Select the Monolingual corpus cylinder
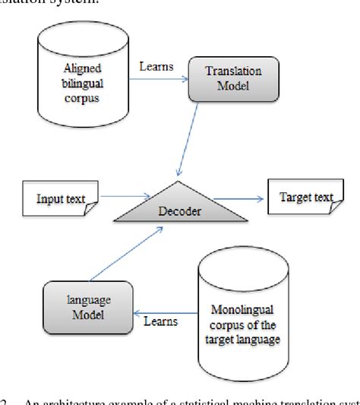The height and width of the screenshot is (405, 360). tap(243, 308)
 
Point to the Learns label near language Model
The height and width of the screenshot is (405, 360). tap(160, 322)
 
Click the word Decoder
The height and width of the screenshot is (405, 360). tap(180, 212)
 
